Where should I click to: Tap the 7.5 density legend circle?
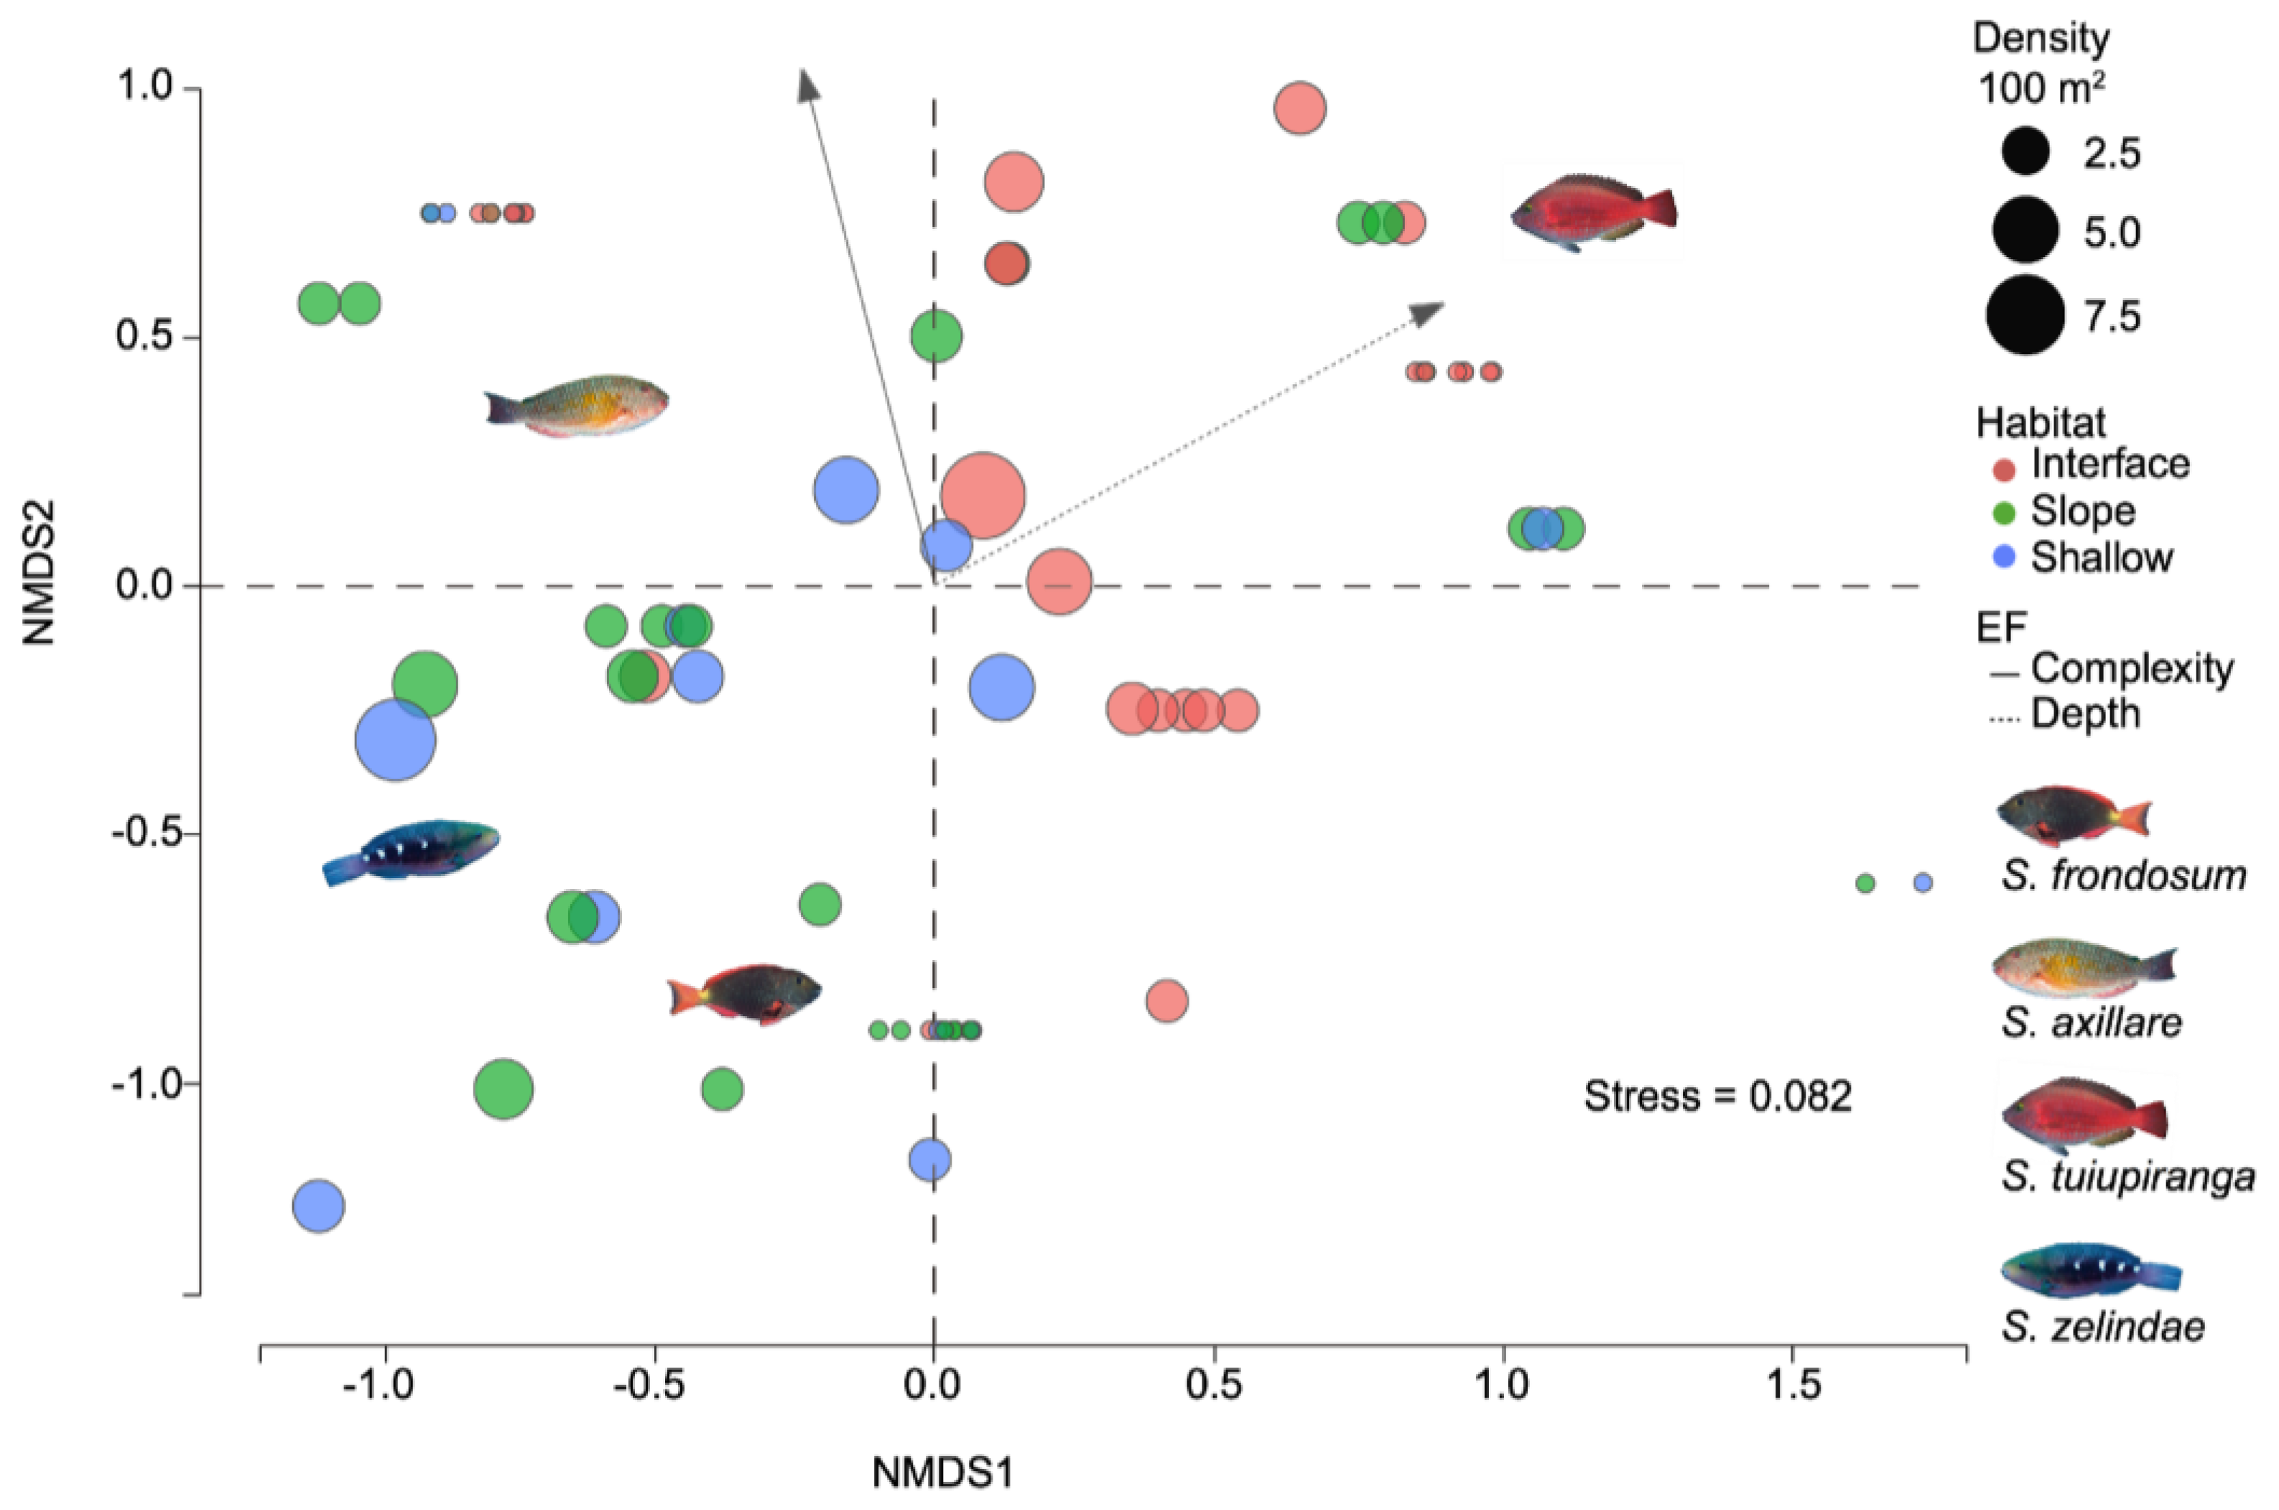coord(2025,315)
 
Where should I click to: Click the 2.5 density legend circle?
coord(2025,152)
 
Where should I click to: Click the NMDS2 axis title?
coord(40,572)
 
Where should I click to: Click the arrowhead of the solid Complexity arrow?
coord(807,84)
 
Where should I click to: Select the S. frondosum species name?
coord(2123,875)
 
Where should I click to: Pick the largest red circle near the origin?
coord(983,496)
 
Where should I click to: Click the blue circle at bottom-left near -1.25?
coord(318,1205)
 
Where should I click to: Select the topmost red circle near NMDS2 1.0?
coord(1299,108)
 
